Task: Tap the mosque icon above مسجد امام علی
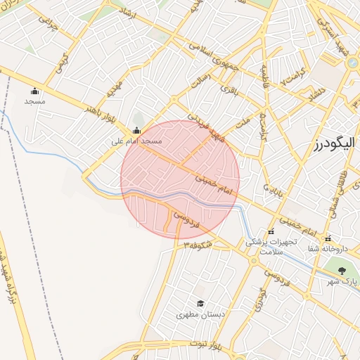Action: pyautogui.click(x=136, y=130)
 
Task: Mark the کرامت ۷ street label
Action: pyautogui.click(x=292, y=78)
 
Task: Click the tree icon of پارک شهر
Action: pyautogui.click(x=342, y=271)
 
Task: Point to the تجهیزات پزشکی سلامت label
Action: pyautogui.click(x=269, y=245)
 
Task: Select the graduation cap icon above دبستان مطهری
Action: pyautogui.click(x=201, y=304)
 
